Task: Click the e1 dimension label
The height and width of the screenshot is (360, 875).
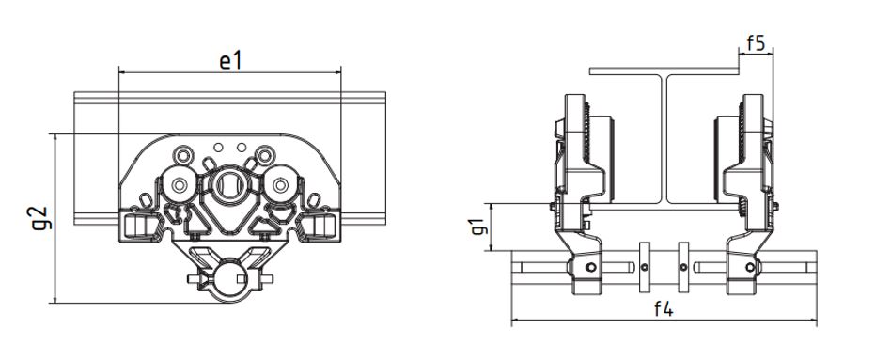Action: click(230, 61)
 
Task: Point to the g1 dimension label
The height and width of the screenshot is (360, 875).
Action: click(477, 226)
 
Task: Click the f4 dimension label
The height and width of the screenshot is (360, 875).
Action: click(664, 308)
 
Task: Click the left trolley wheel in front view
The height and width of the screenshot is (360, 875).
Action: click(179, 185)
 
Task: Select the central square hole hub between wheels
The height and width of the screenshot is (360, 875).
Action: click(228, 186)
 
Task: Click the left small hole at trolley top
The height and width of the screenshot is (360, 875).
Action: click(218, 148)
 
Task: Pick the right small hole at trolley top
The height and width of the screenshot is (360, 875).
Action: click(242, 148)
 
